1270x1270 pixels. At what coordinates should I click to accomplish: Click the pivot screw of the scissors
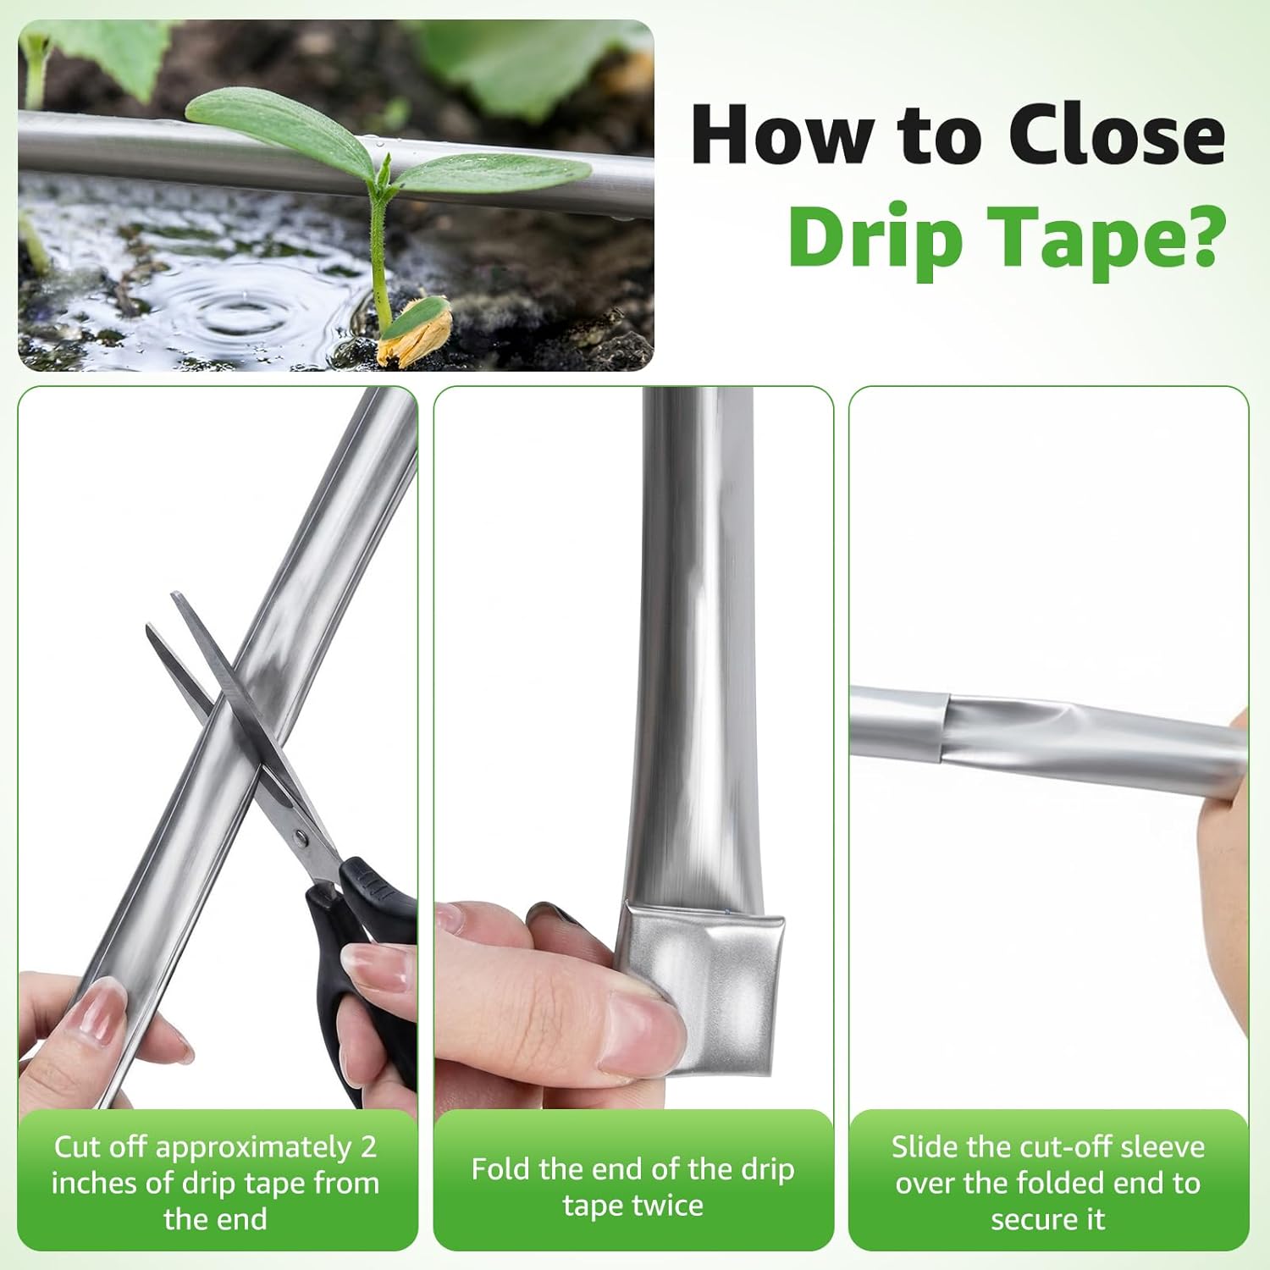point(300,838)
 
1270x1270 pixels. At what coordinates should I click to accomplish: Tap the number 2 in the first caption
point(367,1147)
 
